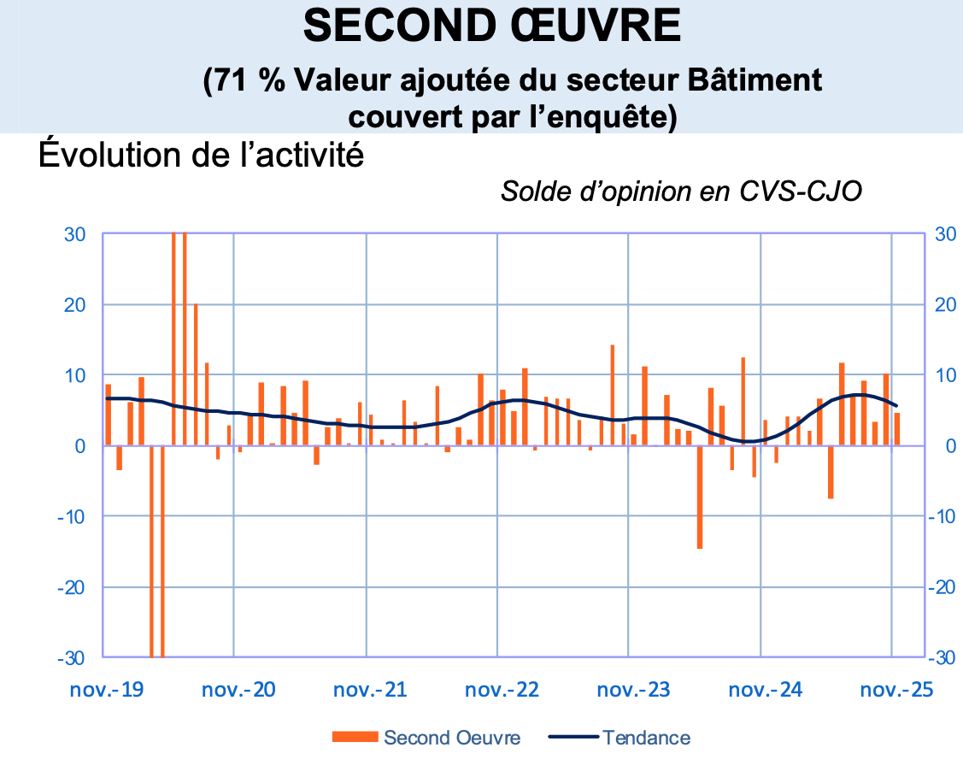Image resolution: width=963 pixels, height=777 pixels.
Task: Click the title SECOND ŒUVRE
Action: pos(493,27)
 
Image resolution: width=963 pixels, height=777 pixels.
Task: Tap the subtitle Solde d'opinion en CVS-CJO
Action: pos(681,191)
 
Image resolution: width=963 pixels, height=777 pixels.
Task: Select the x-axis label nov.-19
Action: pos(107,689)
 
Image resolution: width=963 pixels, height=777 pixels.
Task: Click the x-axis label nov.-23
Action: pos(633,689)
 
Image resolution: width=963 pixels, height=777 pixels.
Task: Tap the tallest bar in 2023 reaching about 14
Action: pos(613,395)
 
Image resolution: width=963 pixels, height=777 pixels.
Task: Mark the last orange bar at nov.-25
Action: pos(897,429)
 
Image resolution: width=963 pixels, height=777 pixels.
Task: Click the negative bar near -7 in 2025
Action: pos(831,472)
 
